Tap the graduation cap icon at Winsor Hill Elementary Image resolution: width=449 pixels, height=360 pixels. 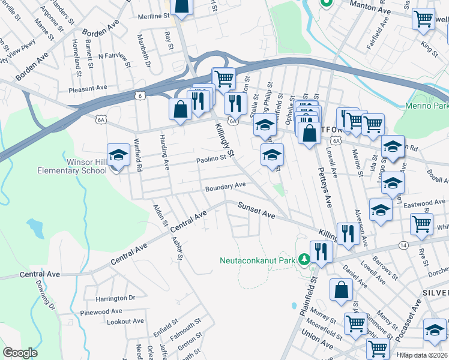118,155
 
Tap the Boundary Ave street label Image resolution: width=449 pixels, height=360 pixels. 225,187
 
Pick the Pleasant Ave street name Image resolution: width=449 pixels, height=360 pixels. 88,87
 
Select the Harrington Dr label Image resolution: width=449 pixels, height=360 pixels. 115,298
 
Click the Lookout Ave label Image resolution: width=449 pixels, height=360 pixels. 125,322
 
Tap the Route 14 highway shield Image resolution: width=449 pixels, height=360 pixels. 403,245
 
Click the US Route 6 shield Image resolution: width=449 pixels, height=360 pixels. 139,95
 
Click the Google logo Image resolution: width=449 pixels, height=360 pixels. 20,353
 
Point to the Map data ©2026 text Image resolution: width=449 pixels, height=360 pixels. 423,355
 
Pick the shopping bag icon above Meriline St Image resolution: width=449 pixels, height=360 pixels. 182,7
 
